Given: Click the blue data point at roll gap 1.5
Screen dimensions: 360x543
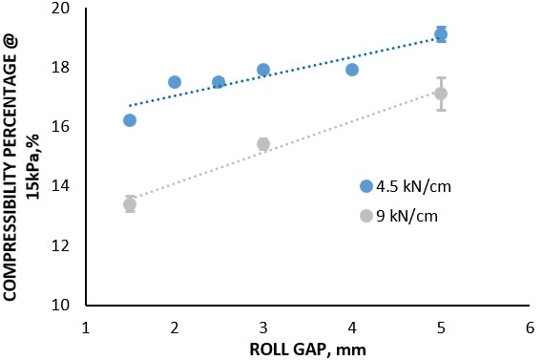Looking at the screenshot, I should (130, 120).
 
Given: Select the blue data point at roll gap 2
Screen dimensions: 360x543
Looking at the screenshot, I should (175, 82).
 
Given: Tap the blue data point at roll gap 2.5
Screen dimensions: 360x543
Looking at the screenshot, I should (219, 82).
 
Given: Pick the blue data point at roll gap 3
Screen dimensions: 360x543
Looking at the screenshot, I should (263, 70).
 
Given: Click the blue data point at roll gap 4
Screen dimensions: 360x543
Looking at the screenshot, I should (352, 70).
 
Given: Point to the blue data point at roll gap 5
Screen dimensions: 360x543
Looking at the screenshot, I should (441, 34).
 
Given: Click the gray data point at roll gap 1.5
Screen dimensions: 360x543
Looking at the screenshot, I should (130, 204).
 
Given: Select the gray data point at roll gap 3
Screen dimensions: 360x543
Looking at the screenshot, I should (263, 144).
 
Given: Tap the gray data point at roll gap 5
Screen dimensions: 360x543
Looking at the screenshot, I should (441, 94).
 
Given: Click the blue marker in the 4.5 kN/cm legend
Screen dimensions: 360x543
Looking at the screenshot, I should (365, 186).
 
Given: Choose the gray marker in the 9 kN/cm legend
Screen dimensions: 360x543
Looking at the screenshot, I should (365, 216).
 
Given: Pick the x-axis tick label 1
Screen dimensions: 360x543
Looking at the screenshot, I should (86, 328).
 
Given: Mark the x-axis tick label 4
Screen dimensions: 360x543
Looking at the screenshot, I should (352, 328).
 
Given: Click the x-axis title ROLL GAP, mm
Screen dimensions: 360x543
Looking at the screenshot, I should (307, 349).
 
